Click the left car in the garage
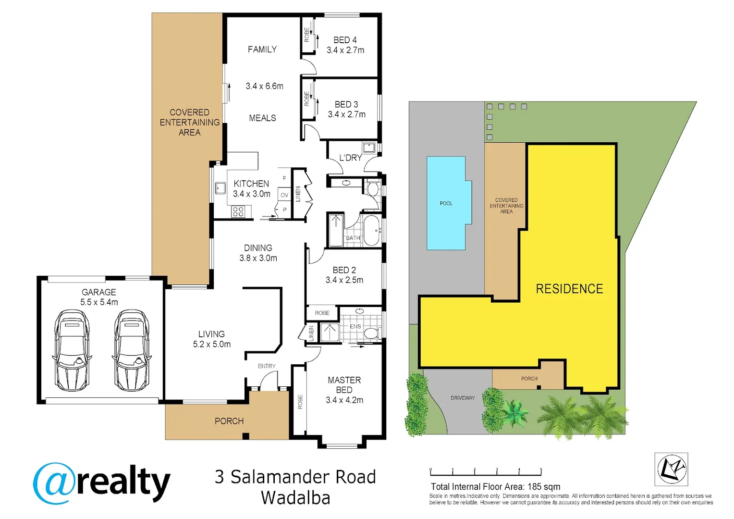coord(72,350)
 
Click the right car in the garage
coord(132,350)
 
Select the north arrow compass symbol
coord(671,469)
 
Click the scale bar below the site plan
coord(486,472)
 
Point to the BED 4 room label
coord(345,40)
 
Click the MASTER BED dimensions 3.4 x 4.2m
coord(344,400)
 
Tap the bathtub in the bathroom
coord(371,230)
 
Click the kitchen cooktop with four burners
coord(238,211)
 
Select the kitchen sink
coord(220,188)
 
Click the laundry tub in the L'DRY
coord(369,148)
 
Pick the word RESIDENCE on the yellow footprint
coord(569,289)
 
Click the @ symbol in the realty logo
coord(54,483)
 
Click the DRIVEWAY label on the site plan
coord(463,398)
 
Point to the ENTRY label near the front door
coord(267,366)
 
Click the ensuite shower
coord(330,332)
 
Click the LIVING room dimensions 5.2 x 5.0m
coord(212,345)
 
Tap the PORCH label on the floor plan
coord(229,421)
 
